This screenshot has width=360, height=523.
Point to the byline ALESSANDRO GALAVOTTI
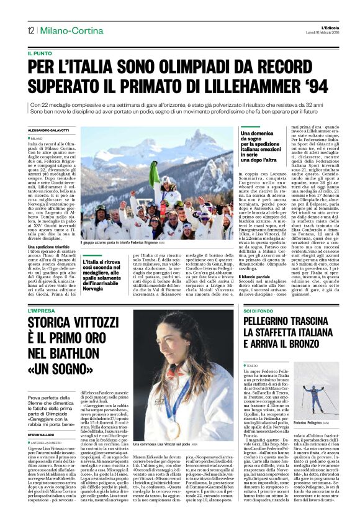(x=51, y=130)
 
